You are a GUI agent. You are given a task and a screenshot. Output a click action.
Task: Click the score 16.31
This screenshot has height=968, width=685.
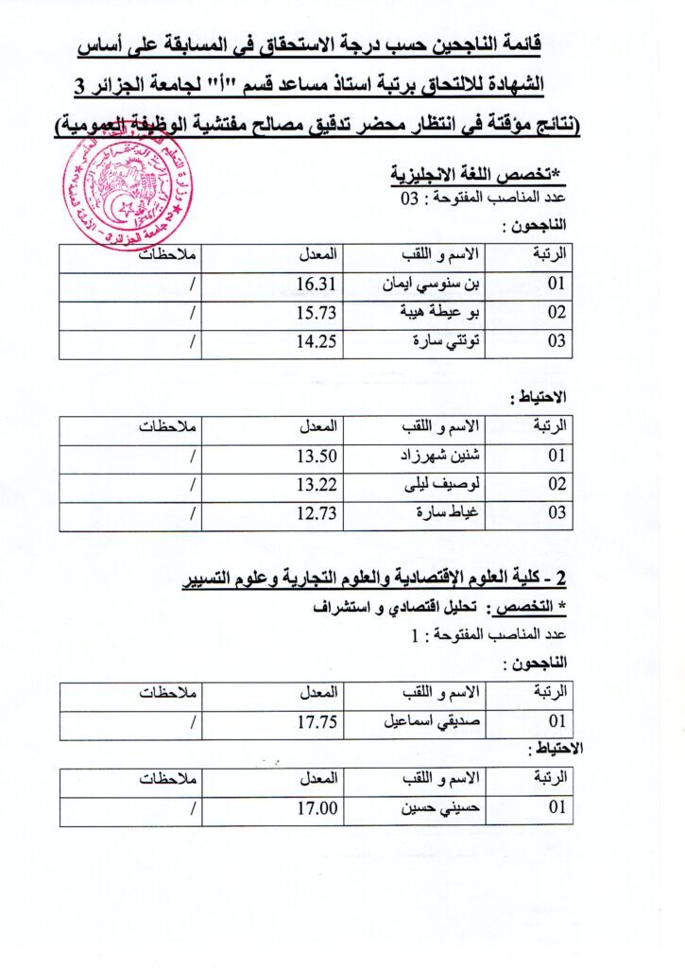(x=317, y=284)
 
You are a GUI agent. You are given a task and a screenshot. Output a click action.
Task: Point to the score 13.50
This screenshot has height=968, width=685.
(x=317, y=456)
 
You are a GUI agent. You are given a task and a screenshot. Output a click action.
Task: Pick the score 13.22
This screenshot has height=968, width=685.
(x=317, y=485)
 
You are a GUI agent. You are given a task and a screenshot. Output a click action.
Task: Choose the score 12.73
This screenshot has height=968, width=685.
(x=317, y=513)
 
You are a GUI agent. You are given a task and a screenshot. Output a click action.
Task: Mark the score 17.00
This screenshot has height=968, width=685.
(x=317, y=809)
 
